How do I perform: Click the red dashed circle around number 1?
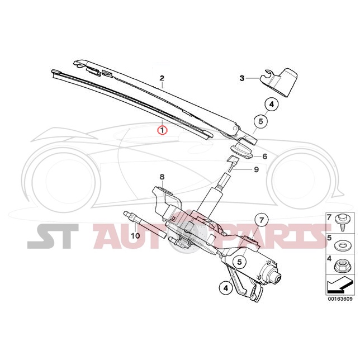[162, 130]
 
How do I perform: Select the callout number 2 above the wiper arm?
[162, 78]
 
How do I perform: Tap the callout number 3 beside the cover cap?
[242, 78]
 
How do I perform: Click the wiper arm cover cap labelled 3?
[279, 82]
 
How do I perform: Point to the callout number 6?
[265, 157]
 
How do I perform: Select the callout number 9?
[257, 170]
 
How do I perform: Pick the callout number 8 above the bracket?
[162, 177]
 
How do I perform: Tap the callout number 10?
[135, 235]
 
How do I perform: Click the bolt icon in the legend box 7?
[340, 224]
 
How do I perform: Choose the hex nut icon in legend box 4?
[340, 266]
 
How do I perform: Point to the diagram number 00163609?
[340, 299]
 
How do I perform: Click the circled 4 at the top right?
[272, 105]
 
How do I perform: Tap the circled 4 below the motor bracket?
[226, 288]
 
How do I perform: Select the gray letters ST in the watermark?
[53, 236]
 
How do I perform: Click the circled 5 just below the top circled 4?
[260, 121]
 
